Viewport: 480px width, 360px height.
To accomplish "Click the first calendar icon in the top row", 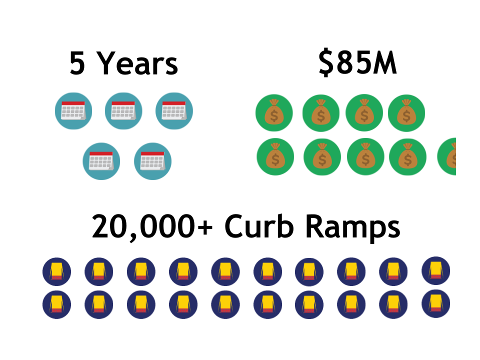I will click(x=73, y=111).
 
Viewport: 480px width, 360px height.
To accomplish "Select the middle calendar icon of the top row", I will click(x=123, y=111).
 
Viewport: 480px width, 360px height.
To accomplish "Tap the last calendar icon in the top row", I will click(x=174, y=111).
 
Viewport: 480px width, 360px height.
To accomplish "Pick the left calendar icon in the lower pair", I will click(x=101, y=161).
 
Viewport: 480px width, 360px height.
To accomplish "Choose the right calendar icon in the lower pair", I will click(x=152, y=161).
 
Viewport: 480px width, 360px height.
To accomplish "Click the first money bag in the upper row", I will click(x=274, y=112).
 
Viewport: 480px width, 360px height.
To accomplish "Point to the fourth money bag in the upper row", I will click(x=406, y=113).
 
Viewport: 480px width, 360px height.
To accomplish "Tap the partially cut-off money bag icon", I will click(x=447, y=156).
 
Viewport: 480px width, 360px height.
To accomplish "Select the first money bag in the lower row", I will click(x=275, y=156).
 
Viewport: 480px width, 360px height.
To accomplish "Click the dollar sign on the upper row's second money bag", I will click(x=321, y=116).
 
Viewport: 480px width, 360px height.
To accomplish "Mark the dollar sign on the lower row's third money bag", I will click(x=365, y=159).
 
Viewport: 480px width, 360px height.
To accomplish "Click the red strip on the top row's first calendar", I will click(x=73, y=103).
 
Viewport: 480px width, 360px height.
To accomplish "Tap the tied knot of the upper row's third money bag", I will click(x=364, y=102).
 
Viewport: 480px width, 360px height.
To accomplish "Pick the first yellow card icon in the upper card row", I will click(x=56, y=271).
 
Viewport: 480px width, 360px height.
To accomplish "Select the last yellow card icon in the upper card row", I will click(x=435, y=270).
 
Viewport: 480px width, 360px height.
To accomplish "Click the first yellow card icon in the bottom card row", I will click(x=56, y=304).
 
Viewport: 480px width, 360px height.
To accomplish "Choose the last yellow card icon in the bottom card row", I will click(x=435, y=303).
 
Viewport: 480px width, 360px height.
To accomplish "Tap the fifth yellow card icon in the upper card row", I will click(x=225, y=271).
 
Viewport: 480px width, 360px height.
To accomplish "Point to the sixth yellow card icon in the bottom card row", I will click(x=267, y=304).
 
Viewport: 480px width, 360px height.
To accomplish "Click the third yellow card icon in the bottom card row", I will click(x=141, y=304).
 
